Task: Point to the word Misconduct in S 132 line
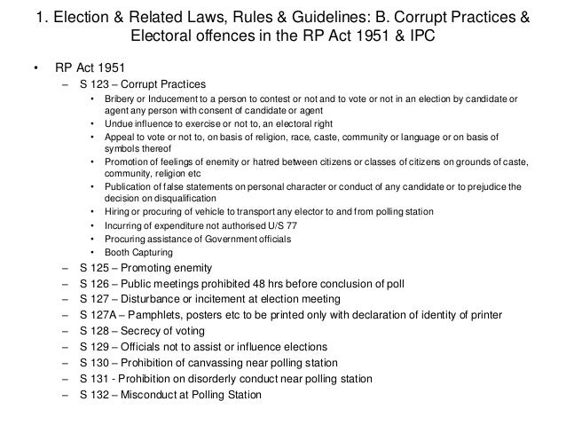tap(173, 397)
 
